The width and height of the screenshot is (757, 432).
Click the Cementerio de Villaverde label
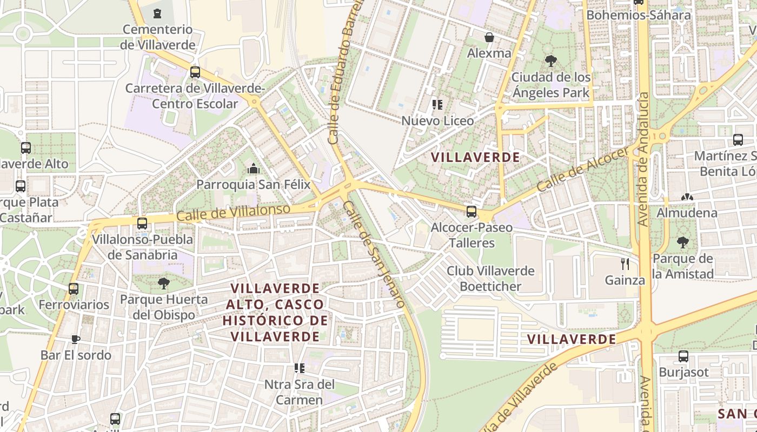click(x=157, y=37)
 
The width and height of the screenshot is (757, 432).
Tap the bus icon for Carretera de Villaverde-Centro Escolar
click(x=195, y=72)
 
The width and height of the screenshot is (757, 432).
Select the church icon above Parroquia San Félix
click(x=253, y=169)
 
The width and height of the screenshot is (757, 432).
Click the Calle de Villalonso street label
click(x=234, y=212)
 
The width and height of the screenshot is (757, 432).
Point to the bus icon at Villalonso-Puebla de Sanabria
click(x=142, y=223)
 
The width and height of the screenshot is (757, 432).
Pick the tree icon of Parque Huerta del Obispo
click(x=163, y=283)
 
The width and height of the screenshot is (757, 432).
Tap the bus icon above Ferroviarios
click(x=74, y=289)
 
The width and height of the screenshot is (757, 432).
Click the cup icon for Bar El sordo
click(x=76, y=339)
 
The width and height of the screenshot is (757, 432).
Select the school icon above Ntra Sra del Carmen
click(x=300, y=368)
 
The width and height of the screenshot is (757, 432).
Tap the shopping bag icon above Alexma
click(x=489, y=37)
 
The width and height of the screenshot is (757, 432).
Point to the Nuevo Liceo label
click(x=437, y=120)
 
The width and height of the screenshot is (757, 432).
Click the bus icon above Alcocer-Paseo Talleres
click(x=472, y=211)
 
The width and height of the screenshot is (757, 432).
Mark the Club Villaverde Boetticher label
click(x=490, y=279)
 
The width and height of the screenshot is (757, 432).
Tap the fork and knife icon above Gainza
click(x=625, y=264)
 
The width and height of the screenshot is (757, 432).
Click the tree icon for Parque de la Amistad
click(x=683, y=242)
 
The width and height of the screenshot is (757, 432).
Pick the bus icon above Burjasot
click(x=683, y=356)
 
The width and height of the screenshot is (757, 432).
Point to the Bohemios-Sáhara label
click(x=639, y=15)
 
